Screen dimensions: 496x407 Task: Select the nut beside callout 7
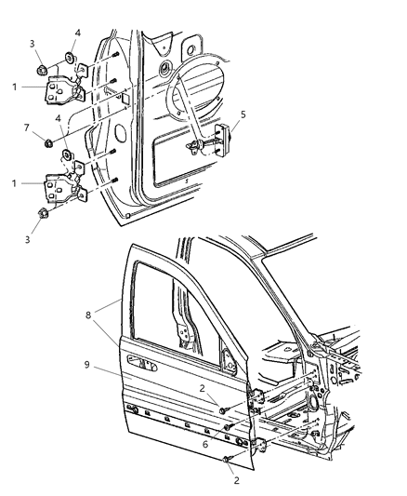click(49, 142)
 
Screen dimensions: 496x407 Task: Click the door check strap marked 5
click(221, 142)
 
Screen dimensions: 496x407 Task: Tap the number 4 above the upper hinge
click(78, 34)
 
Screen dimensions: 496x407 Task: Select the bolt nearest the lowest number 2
click(227, 459)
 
